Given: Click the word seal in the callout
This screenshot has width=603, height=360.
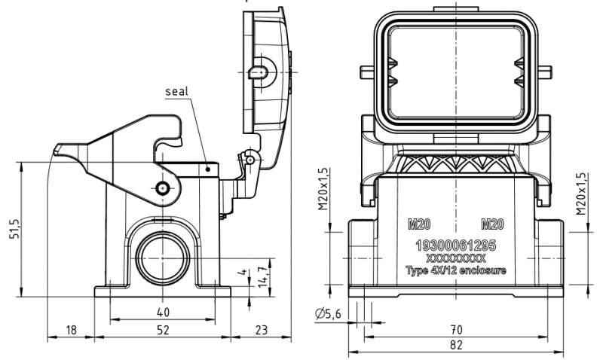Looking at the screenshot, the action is click(x=177, y=91).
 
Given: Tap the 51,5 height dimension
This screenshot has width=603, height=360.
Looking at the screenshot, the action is click(x=14, y=230).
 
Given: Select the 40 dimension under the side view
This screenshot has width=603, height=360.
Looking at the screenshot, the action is click(x=163, y=312).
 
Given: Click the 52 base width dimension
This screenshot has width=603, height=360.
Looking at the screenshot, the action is click(x=163, y=330).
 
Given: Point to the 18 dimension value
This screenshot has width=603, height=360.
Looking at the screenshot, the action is click(x=71, y=330).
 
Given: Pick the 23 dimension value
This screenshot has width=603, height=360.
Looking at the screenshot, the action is click(x=261, y=330).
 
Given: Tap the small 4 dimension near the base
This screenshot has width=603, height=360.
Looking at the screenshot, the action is click(x=242, y=273).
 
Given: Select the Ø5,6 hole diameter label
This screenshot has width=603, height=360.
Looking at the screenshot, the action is click(x=328, y=314).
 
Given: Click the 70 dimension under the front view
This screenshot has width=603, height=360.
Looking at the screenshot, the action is click(x=456, y=330).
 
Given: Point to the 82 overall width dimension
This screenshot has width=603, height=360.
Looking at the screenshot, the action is click(x=456, y=345).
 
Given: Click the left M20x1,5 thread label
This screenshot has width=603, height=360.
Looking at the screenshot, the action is click(x=323, y=188).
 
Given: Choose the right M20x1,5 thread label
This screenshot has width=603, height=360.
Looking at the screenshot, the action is click(x=581, y=194).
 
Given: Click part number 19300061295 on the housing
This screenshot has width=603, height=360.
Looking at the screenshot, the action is click(x=456, y=245).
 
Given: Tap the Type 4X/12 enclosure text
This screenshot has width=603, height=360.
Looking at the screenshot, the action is click(x=456, y=270).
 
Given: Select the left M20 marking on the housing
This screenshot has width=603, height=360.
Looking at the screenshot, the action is click(x=419, y=224).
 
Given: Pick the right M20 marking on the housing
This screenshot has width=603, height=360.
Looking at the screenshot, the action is click(x=493, y=224).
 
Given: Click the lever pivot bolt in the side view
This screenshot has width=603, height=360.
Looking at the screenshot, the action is click(x=163, y=188).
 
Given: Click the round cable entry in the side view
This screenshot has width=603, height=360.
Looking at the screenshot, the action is click(x=163, y=258).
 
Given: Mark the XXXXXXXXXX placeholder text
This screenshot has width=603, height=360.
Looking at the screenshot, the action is click(x=456, y=258).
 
